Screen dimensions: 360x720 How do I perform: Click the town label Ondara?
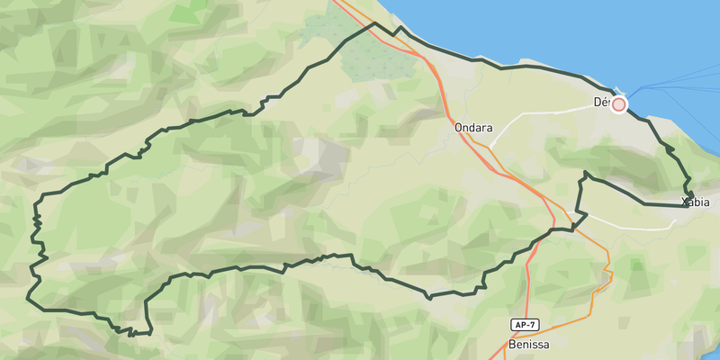coord(474,128)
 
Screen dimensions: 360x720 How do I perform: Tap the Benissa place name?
coord(527,344)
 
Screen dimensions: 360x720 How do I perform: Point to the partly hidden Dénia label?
coord(601,103)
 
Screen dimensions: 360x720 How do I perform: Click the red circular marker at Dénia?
coord(619,104)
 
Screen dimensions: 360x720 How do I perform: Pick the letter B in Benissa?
coord(511,344)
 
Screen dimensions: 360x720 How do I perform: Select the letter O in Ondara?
coord(460,128)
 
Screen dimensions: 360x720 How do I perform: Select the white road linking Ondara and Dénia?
coord(540,115)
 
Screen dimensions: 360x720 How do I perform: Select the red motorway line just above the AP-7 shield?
coord(529,297)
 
